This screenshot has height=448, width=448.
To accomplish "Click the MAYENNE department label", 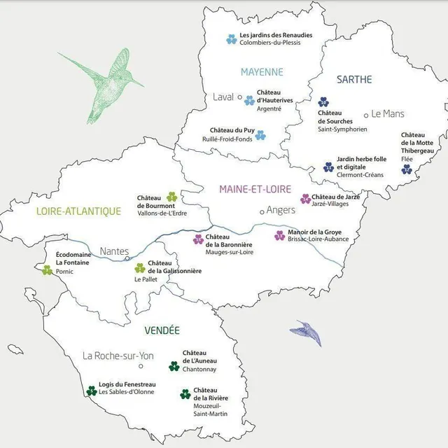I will point(262,72).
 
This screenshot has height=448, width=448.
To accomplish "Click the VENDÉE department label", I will point(162,330).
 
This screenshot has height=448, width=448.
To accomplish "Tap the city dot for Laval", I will point(240,97).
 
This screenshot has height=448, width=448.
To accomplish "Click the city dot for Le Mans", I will point(365,114).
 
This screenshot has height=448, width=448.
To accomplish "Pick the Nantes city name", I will point(114,251).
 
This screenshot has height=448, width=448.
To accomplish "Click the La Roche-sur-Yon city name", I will point(118,355).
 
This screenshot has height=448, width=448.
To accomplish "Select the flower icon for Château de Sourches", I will point(323,101).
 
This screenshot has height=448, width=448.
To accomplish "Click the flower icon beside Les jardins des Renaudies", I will point(231,39).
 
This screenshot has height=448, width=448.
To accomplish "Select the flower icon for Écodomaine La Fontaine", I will point(47,269).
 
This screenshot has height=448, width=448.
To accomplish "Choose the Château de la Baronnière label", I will point(229,240).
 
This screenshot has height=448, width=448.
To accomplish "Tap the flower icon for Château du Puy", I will point(260,134).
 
